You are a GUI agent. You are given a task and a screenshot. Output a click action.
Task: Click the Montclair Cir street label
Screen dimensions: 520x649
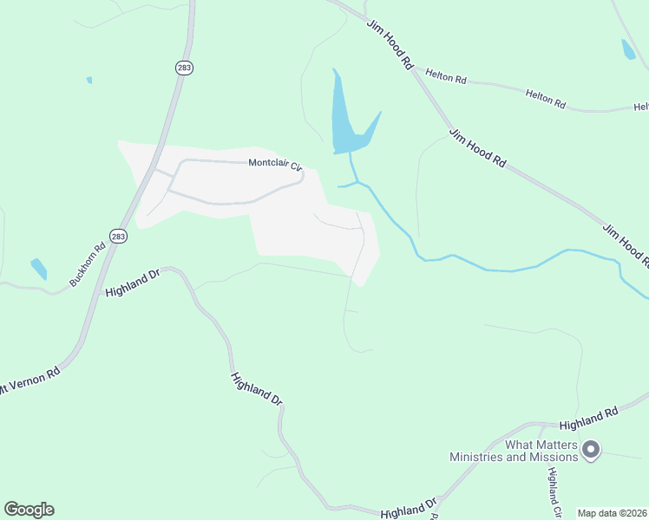pos(274,164)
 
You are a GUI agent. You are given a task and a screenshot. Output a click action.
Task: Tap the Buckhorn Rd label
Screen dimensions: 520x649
pos(88,263)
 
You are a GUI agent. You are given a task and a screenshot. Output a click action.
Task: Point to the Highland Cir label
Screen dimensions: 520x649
pos(554,491)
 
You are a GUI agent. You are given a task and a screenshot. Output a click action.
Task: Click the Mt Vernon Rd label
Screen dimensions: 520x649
pos(28,380)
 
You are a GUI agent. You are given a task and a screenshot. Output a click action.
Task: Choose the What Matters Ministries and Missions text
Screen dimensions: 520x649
pos(514,450)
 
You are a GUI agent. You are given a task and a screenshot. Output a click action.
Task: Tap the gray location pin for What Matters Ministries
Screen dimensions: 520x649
pos(591,449)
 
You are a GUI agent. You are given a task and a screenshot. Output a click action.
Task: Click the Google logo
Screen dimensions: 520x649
pos(29,510)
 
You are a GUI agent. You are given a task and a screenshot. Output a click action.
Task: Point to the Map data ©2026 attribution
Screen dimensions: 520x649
pos(611,513)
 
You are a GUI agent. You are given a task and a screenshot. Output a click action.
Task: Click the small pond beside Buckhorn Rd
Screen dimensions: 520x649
pos(39,268)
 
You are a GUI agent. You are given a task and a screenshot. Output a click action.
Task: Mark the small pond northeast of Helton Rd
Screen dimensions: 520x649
pos(628,49)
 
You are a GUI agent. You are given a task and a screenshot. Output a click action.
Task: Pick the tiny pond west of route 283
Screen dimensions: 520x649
pos(88,81)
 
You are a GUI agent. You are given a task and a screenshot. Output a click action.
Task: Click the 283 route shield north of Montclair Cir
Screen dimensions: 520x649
pos(182,68)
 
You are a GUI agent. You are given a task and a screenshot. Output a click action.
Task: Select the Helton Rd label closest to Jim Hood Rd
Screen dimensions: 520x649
pos(446,77)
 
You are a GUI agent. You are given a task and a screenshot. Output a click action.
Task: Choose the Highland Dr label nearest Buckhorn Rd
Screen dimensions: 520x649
pos(133,283)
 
